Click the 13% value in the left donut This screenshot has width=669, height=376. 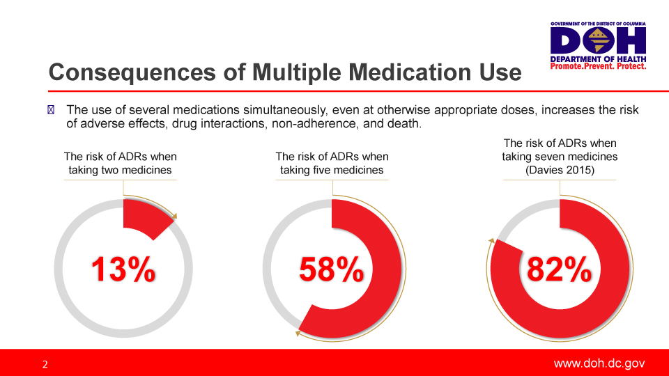pos(123,269)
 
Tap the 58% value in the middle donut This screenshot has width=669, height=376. pos(332,269)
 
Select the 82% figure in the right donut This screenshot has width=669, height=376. pos(560,269)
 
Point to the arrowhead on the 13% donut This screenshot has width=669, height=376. pos(174,216)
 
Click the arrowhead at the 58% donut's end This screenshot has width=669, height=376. pos(298,334)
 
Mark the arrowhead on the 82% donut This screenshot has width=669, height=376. pos(491,241)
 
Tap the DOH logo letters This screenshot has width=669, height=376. pos(598,41)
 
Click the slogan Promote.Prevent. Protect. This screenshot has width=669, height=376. pos(598,66)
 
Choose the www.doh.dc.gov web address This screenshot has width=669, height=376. pos(599,363)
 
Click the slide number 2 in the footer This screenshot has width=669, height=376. pos(45,364)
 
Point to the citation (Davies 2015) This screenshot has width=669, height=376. pos(560,170)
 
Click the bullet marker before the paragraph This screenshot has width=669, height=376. pos(49,110)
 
